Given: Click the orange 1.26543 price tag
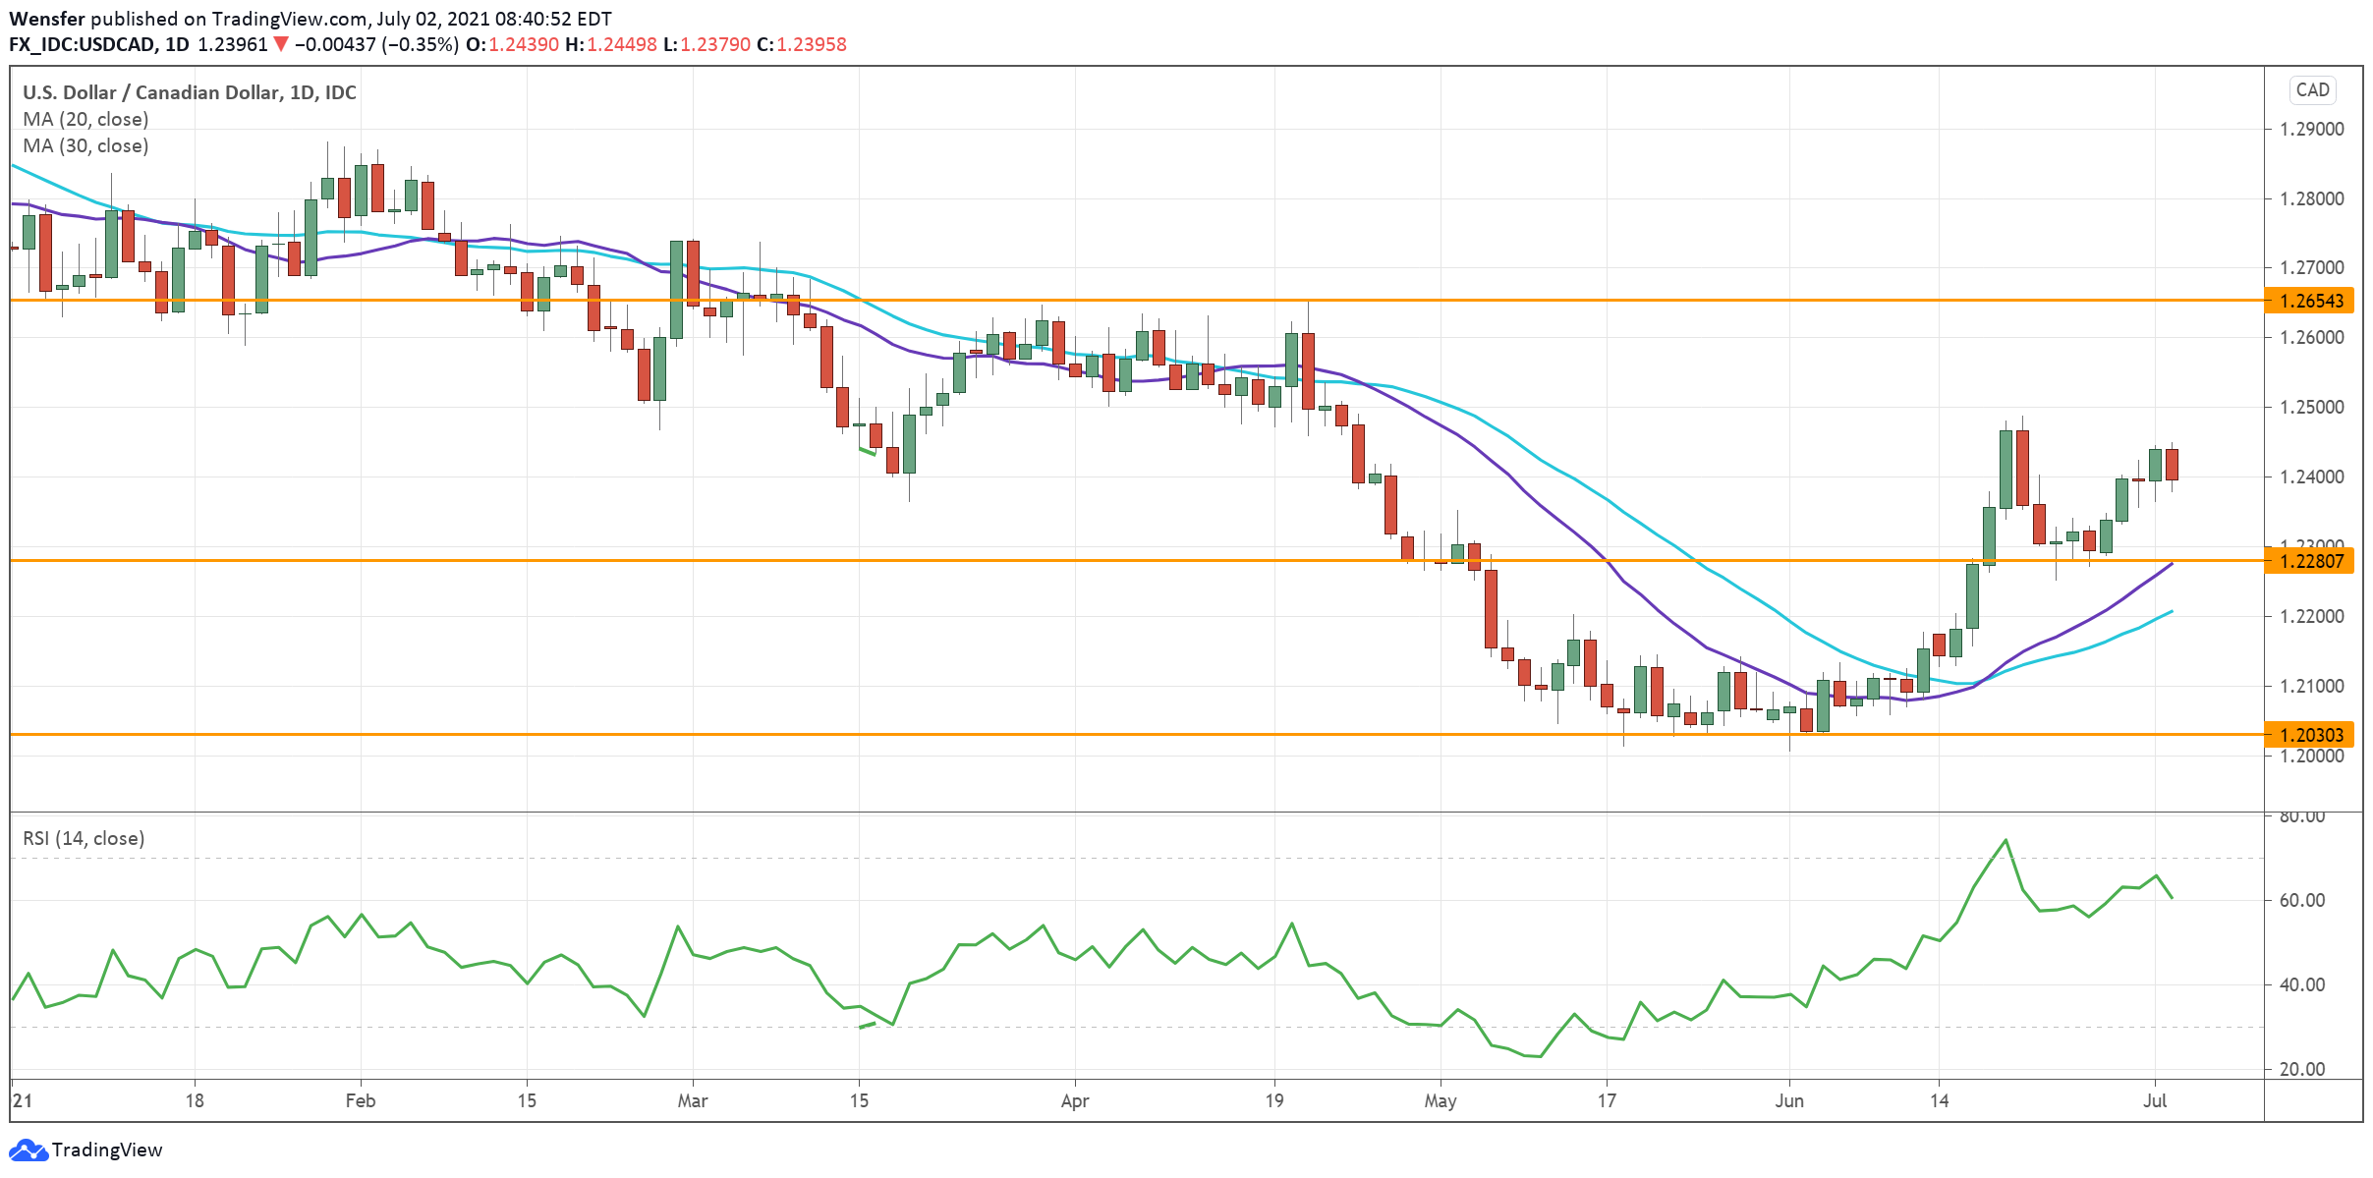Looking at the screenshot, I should [x=2309, y=301].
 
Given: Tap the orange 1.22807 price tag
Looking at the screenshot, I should [x=2309, y=561].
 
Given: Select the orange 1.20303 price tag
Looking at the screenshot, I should [x=2309, y=735].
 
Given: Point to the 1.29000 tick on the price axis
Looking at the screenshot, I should [x=2311, y=129].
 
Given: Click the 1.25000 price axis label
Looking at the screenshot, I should [x=2311, y=407].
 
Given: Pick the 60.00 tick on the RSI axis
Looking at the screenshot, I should [x=2302, y=900].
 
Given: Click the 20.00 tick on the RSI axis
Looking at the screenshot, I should [x=2302, y=1069].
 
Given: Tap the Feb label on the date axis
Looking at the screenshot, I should [x=360, y=1100].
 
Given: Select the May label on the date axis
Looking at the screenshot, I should [x=1440, y=1100].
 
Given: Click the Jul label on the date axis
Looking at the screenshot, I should [x=2155, y=1100].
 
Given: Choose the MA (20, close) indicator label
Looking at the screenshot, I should [x=85, y=119].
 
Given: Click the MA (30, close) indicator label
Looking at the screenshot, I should [x=85, y=145].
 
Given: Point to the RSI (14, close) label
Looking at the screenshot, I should [x=84, y=838].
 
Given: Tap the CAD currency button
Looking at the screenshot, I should [x=2312, y=89].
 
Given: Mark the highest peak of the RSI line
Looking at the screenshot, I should [x=2006, y=840].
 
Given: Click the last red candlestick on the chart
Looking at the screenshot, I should [x=2172, y=464].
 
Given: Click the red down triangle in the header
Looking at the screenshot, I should [x=282, y=44].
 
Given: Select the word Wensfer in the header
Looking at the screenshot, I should [x=46, y=19].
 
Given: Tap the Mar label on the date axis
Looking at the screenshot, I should [x=693, y=1100].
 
